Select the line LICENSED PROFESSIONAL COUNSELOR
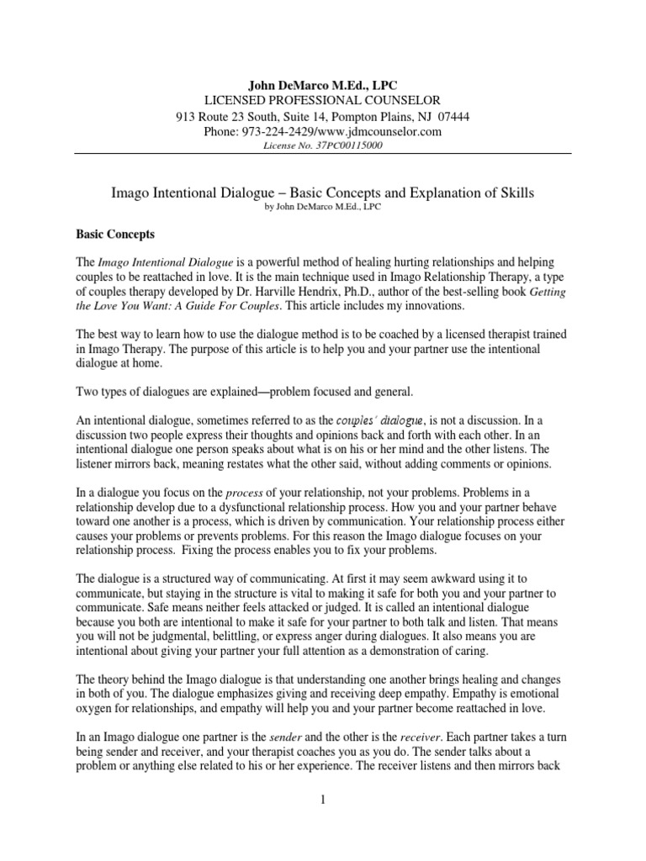click(x=323, y=101)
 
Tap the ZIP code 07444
click(x=453, y=117)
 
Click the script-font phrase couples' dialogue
click(x=384, y=418)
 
